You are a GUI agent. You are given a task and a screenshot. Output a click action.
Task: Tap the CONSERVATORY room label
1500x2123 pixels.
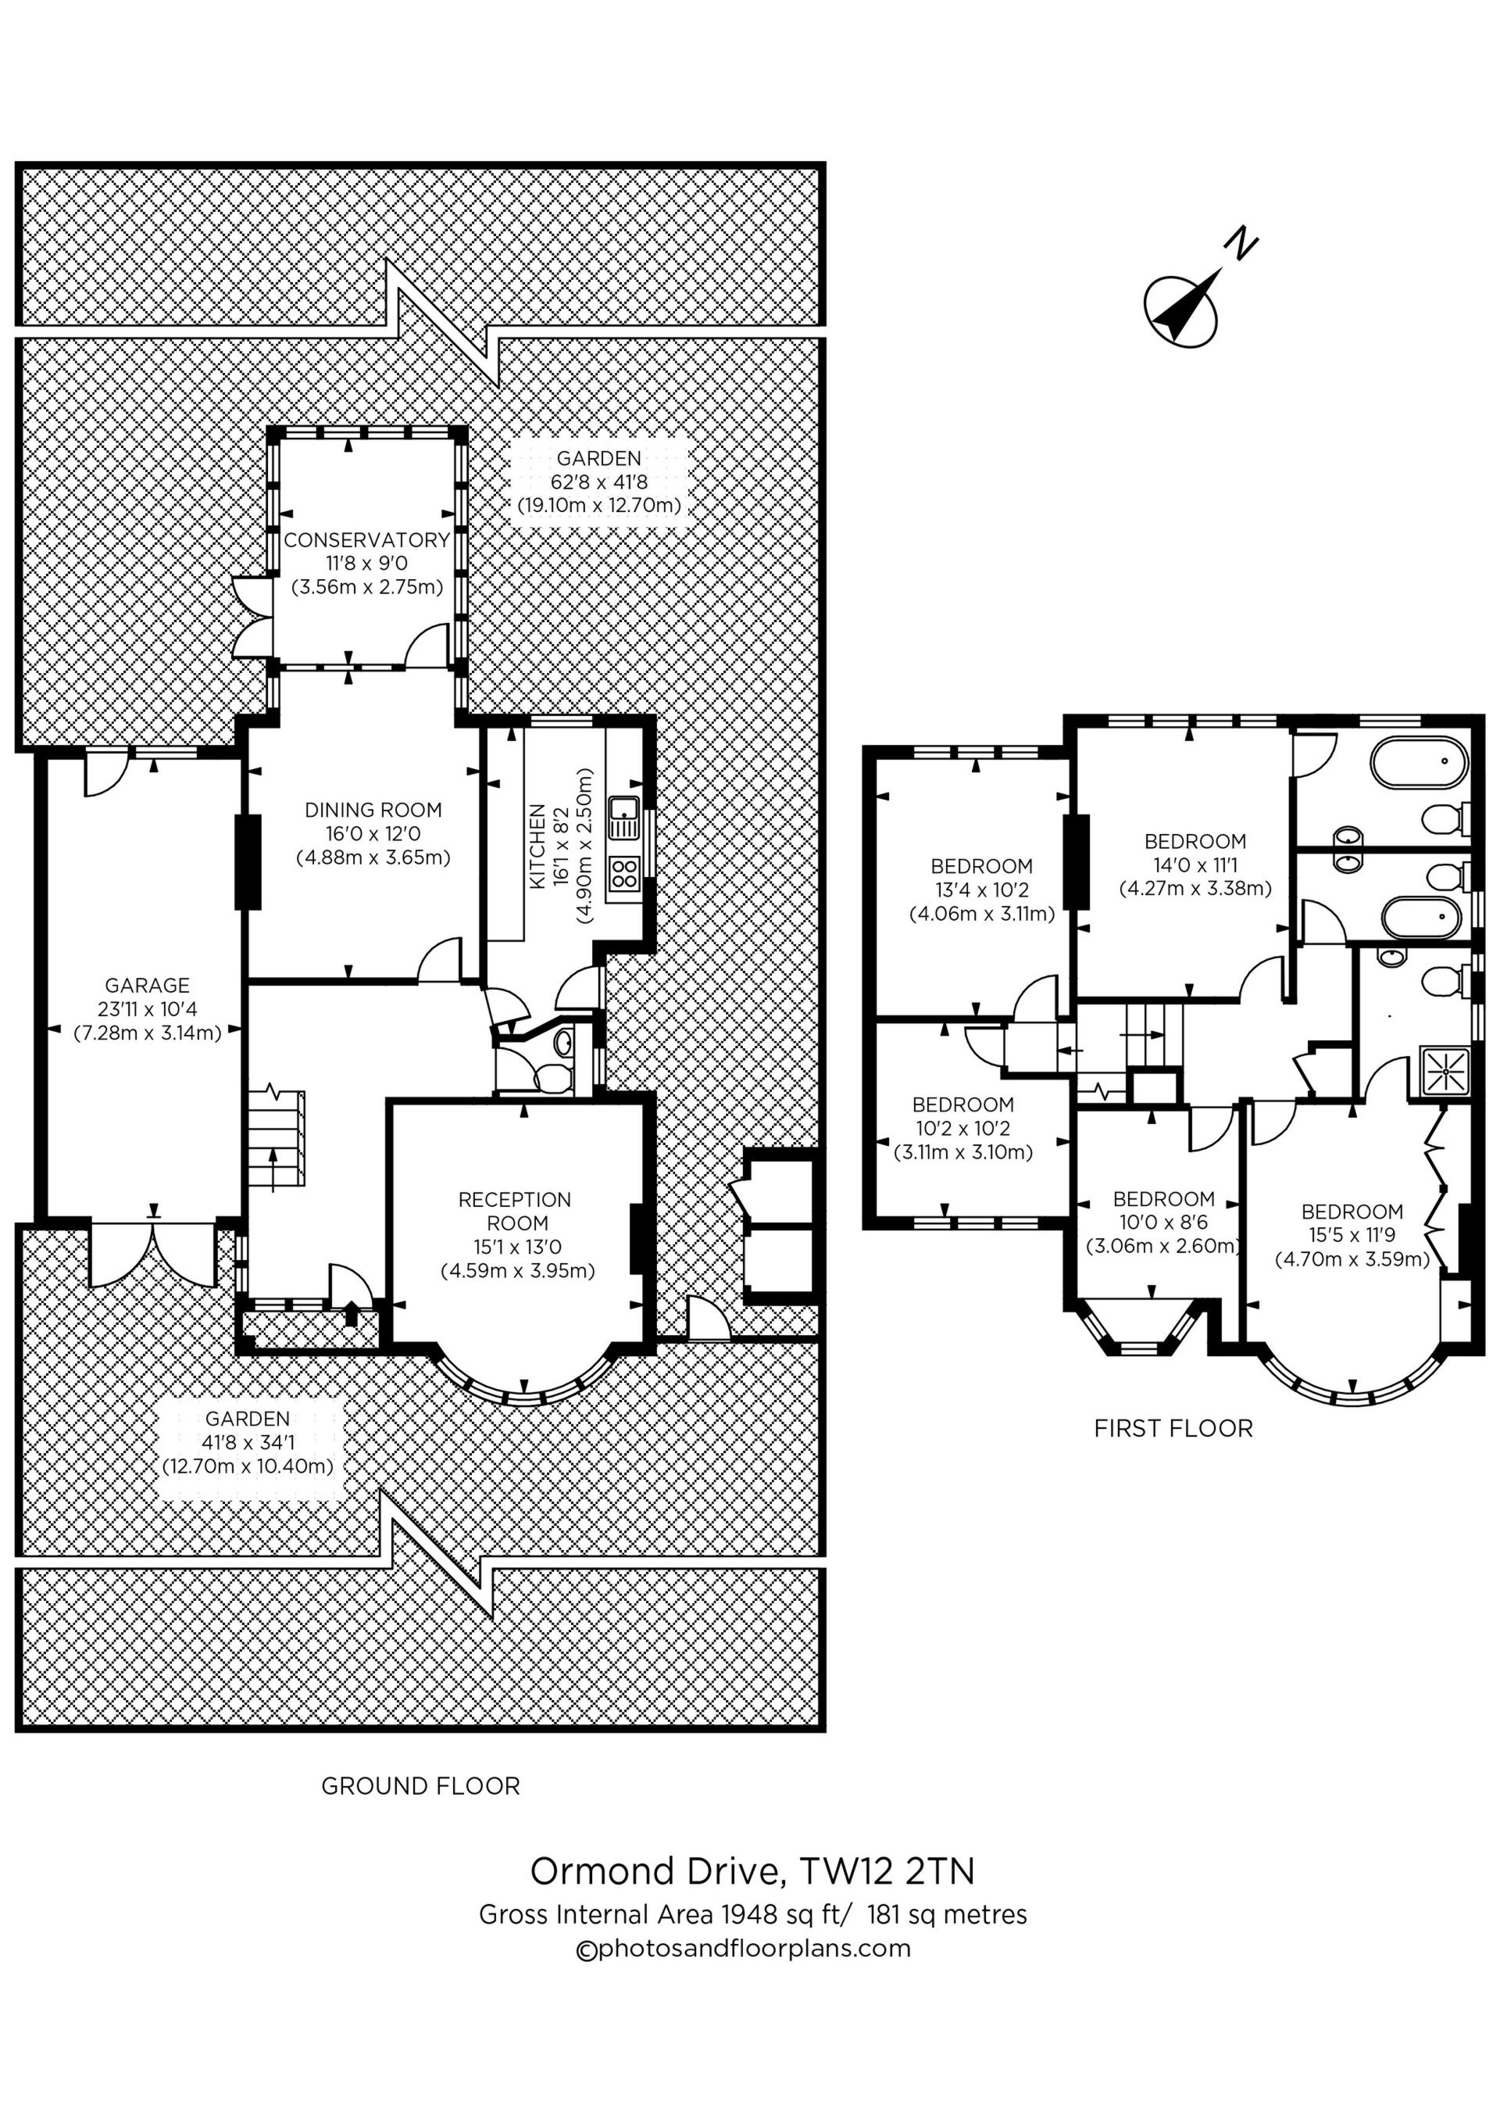[367, 540]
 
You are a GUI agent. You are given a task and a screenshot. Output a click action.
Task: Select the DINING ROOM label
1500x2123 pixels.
[373, 810]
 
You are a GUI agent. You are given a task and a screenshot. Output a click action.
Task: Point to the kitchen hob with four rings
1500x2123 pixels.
[625, 874]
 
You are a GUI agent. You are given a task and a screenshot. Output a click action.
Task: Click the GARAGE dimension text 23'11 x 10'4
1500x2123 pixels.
[148, 1009]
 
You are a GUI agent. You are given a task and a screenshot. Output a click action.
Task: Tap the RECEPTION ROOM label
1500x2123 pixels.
[516, 1212]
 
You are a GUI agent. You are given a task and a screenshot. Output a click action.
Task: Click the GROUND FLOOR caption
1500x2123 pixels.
[420, 1786]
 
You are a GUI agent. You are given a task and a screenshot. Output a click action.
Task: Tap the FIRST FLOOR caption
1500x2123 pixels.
[1173, 1429]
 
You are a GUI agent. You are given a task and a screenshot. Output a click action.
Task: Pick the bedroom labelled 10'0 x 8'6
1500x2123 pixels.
[1163, 1223]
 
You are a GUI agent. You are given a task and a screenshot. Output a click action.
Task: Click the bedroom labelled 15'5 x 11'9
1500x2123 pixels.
[1352, 1235]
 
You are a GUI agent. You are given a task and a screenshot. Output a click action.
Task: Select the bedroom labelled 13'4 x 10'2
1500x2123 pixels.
[981, 890]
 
